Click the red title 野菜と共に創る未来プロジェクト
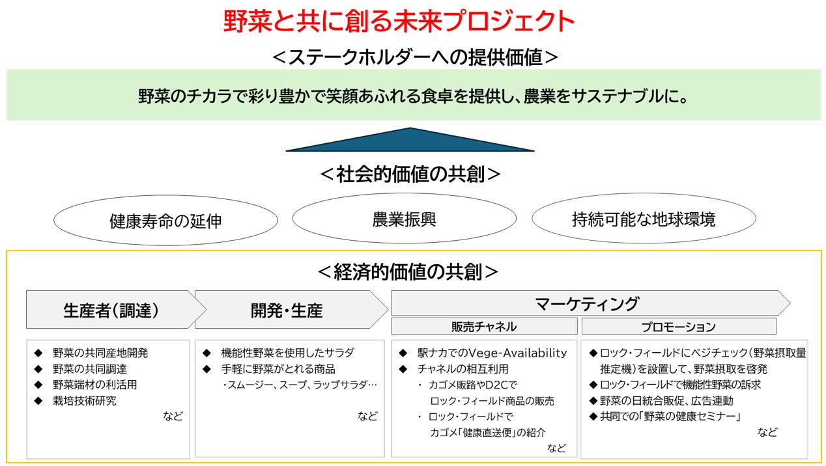399,22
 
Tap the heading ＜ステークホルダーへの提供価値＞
414,57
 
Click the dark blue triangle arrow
410,141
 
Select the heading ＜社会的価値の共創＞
410,174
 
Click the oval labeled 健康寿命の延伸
165,221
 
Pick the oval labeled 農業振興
404,219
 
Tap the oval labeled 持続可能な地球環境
643,219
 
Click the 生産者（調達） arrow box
111,310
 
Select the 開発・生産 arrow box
287,310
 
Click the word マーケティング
586,303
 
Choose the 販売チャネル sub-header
483,327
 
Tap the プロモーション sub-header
678,327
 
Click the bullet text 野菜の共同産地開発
100,353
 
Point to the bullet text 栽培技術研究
85,400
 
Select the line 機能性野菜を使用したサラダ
287,353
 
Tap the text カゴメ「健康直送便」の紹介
487,432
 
